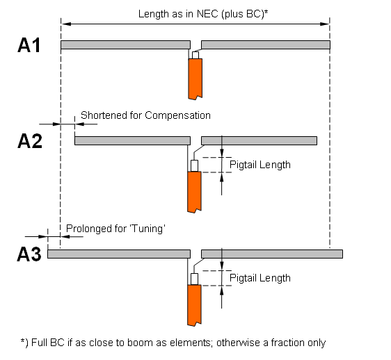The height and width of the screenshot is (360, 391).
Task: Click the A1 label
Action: [29, 45]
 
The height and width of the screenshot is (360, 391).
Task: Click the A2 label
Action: [30, 141]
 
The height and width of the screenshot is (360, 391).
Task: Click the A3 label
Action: [29, 254]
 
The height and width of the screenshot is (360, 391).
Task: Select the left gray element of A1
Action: [125, 45]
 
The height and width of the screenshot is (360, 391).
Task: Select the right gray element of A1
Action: [266, 45]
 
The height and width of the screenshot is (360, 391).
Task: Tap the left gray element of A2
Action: [132, 140]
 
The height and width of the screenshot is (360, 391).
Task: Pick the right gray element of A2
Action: [259, 140]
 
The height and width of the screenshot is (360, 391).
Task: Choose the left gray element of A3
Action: [119, 254]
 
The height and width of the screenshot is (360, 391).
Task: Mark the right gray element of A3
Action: [272, 254]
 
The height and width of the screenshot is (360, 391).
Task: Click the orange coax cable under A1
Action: [195, 79]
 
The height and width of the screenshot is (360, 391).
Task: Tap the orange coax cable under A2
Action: [194, 192]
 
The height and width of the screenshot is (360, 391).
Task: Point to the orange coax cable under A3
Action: [194, 305]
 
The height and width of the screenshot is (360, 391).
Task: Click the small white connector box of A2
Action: [195, 165]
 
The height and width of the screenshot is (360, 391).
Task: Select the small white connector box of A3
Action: [195, 279]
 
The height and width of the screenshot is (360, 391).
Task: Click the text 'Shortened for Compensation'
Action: [145, 115]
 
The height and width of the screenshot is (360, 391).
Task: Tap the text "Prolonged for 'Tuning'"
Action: [115, 229]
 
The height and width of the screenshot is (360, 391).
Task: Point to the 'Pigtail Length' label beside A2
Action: [260, 165]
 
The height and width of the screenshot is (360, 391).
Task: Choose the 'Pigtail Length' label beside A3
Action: [260, 278]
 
